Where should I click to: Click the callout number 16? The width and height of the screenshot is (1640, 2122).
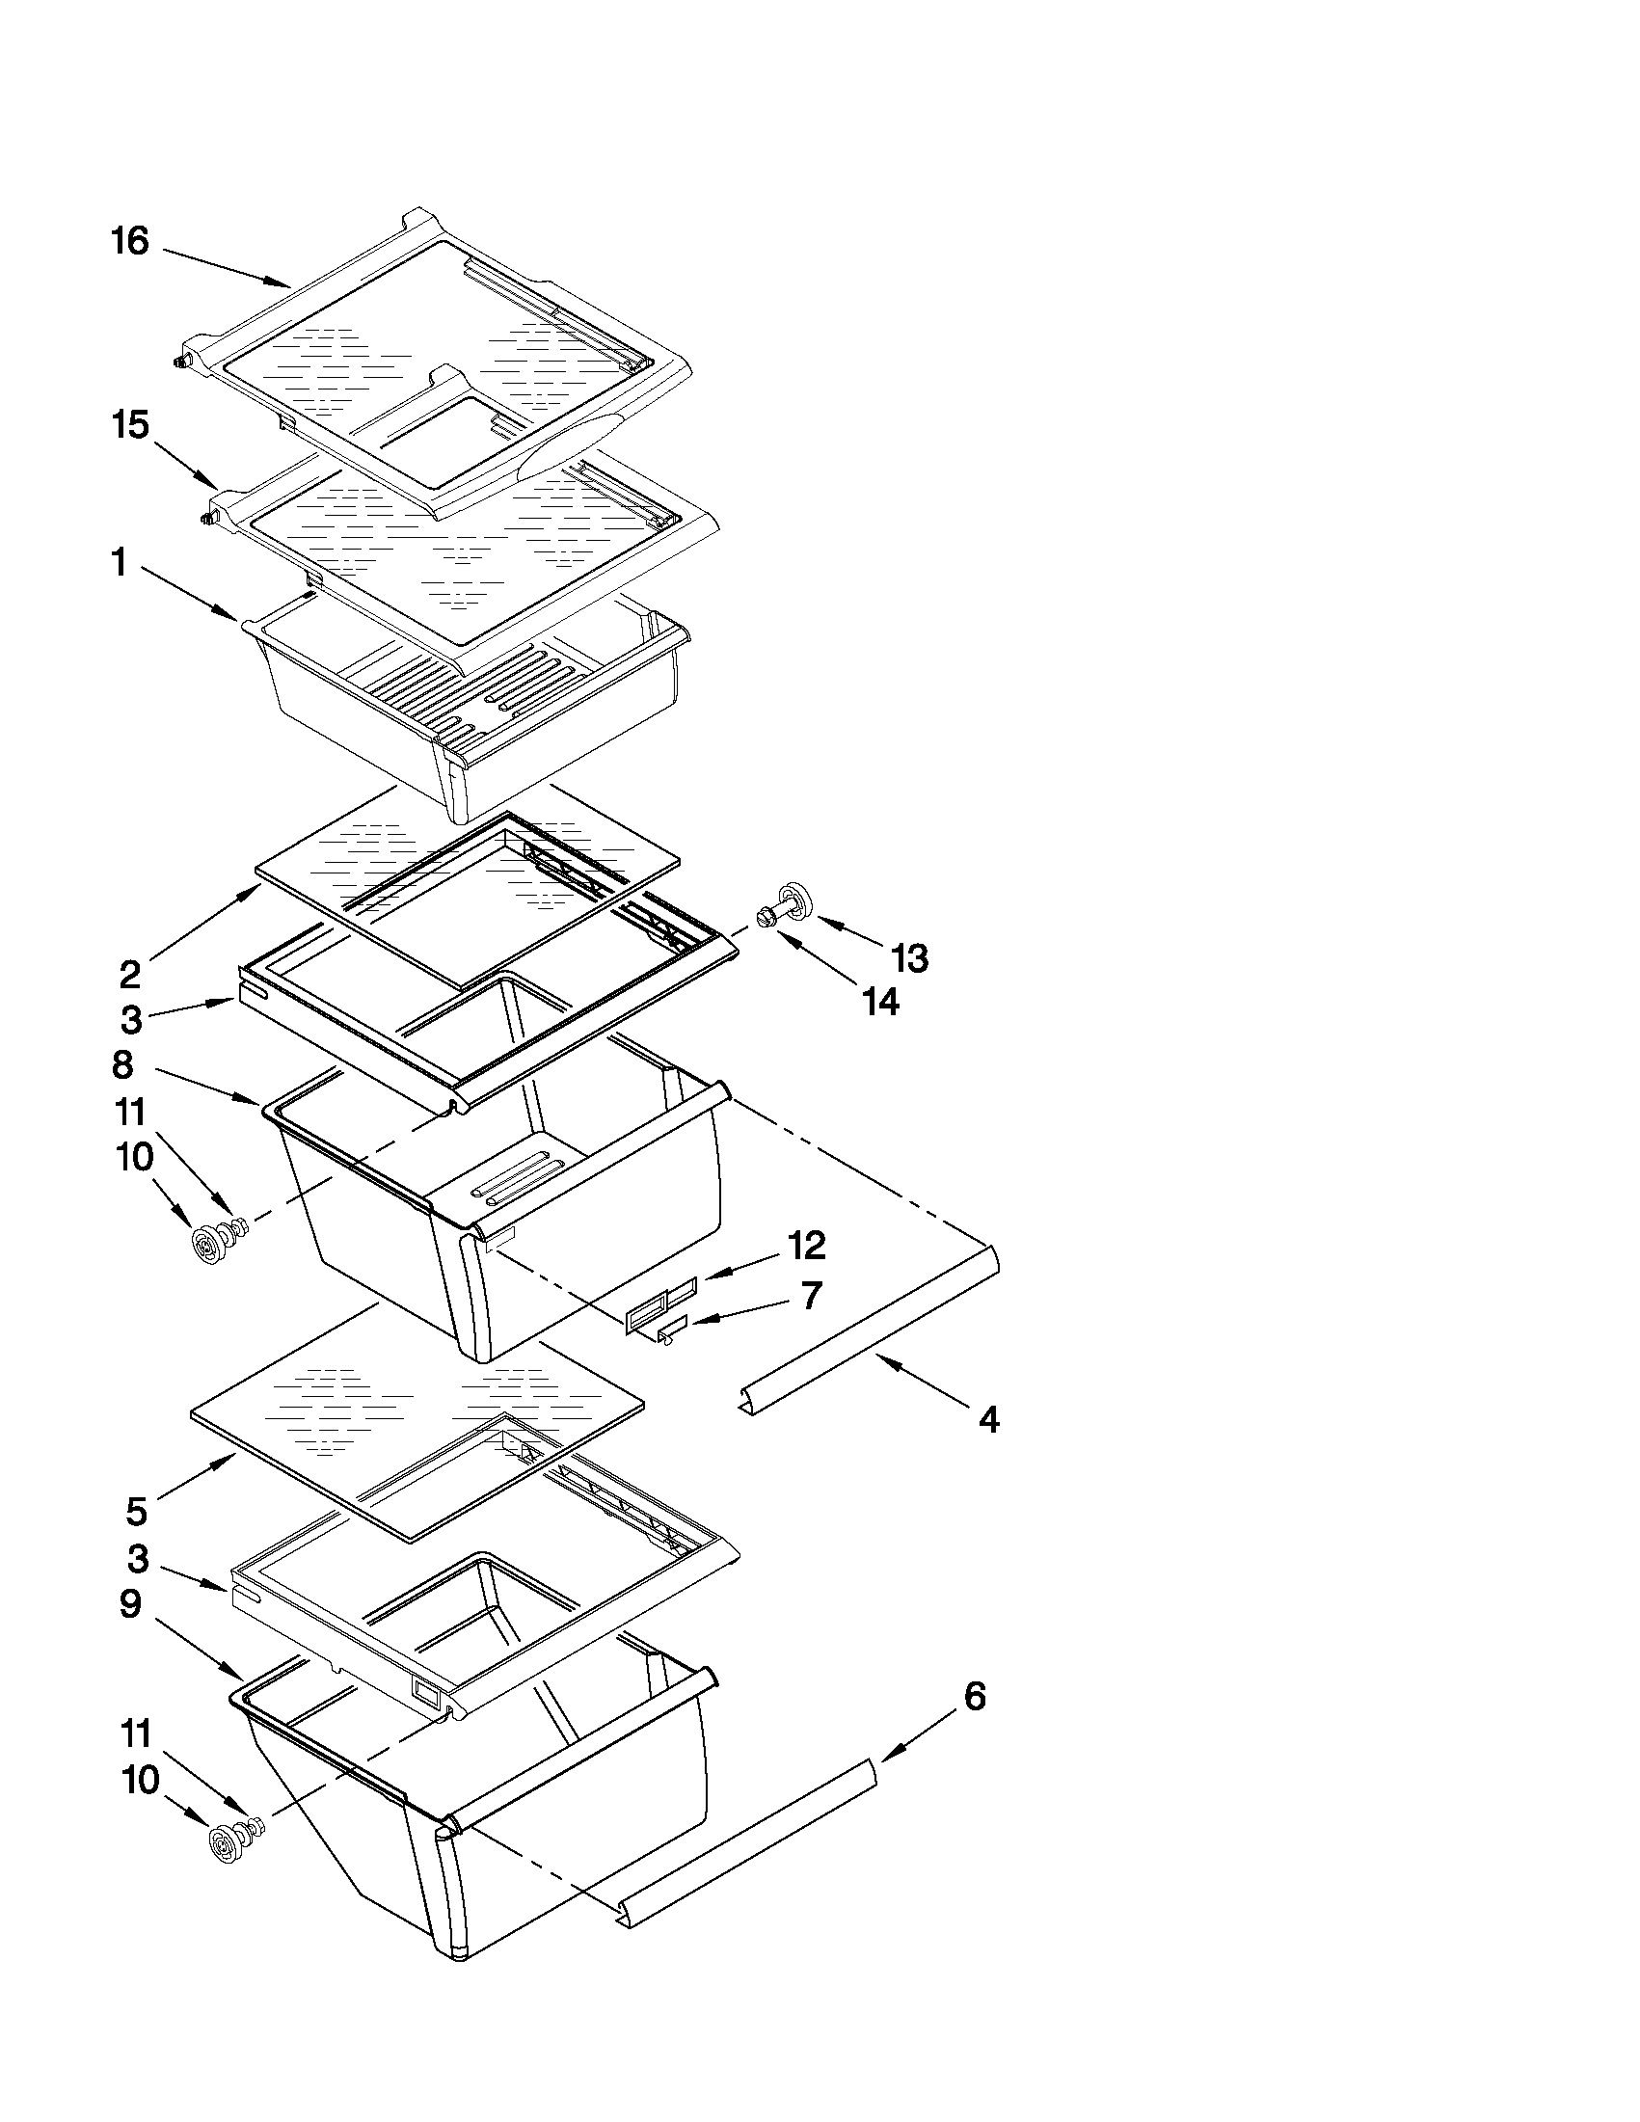(x=129, y=241)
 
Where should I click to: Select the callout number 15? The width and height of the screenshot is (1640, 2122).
(x=130, y=425)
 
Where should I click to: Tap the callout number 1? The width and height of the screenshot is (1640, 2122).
(x=119, y=563)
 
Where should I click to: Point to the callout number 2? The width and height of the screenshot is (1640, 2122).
(x=130, y=973)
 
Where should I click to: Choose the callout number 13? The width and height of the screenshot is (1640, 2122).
(x=909, y=958)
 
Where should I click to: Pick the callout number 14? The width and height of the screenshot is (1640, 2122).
(x=881, y=1002)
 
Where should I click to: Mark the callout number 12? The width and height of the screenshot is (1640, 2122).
(x=806, y=1245)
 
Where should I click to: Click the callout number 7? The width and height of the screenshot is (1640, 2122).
(x=809, y=1295)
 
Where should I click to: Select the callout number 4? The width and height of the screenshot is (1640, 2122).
(x=988, y=1419)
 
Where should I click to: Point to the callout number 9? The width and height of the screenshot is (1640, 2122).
(x=130, y=1604)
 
